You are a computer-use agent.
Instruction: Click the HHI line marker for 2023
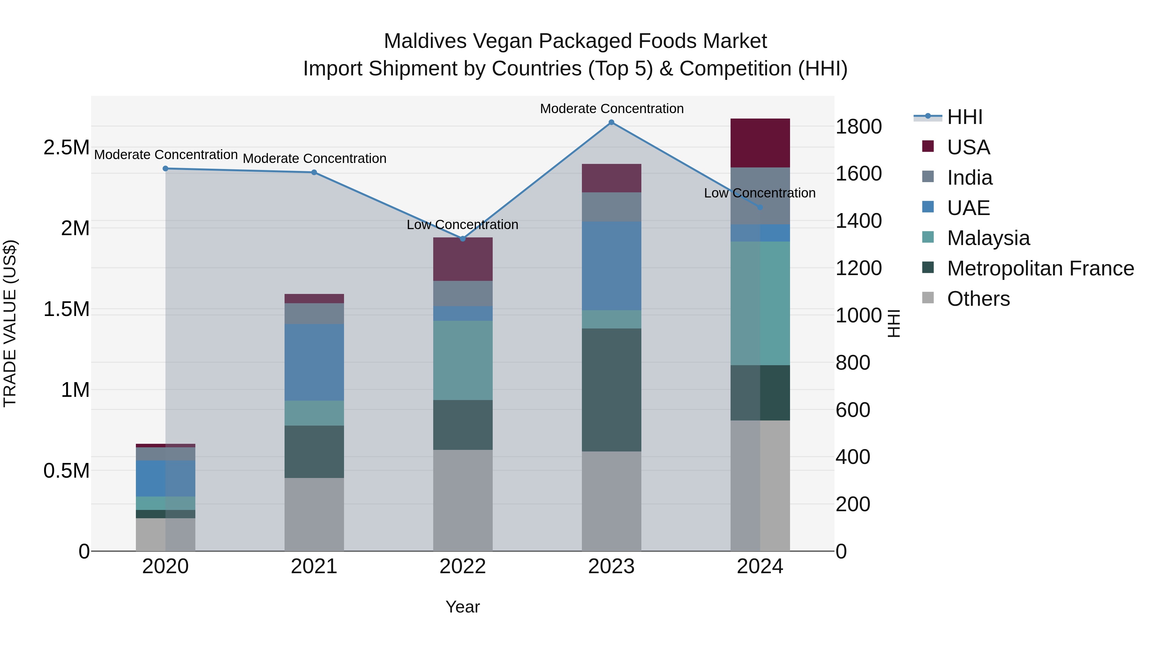pos(611,122)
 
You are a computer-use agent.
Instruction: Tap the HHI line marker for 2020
pos(165,168)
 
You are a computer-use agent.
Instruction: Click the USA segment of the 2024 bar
pos(760,143)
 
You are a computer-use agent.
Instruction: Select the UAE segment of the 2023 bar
pos(611,266)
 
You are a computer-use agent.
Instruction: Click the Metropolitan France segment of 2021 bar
pos(314,451)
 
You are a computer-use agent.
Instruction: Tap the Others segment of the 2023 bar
pos(611,501)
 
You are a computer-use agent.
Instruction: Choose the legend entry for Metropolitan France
pos(1040,268)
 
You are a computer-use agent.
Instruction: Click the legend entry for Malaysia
pos(988,238)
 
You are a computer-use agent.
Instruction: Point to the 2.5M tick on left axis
pos(66,147)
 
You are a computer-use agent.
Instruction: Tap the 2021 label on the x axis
pos(314,566)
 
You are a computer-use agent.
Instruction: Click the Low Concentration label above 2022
pos(462,225)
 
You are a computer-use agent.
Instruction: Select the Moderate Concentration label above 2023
pos(612,109)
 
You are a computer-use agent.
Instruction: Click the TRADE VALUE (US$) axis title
pos(10,323)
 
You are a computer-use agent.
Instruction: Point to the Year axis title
pos(462,607)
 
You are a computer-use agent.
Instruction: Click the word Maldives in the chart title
pos(425,41)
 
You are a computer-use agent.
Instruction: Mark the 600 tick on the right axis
pos(852,410)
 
